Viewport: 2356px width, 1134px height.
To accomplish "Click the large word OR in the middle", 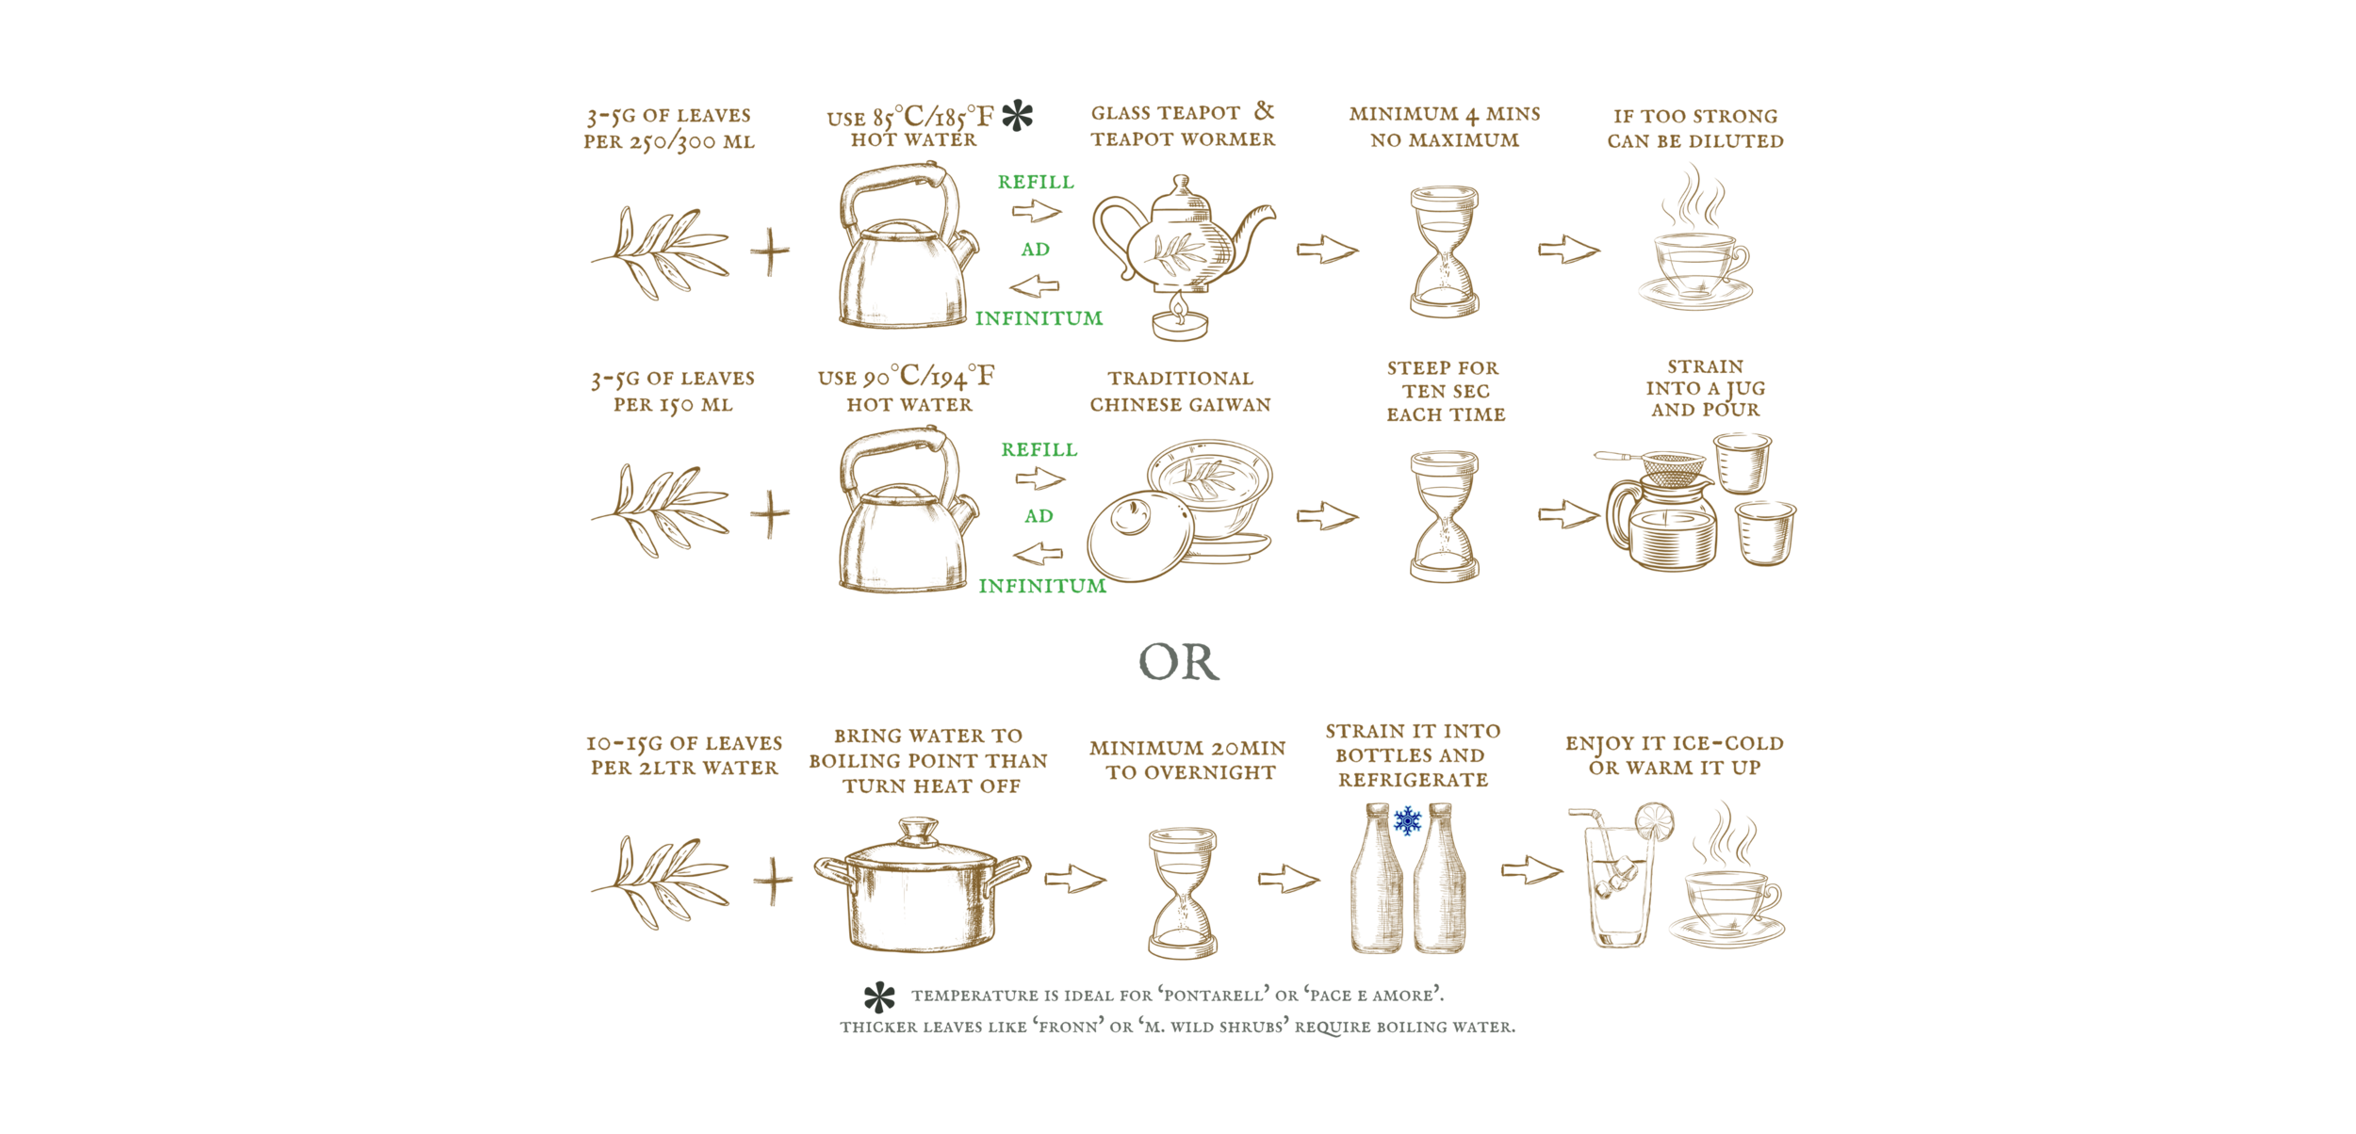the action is (x=1178, y=662).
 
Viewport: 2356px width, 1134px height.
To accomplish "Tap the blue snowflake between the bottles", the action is (x=1407, y=821).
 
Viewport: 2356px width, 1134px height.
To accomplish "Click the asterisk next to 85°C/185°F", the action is (x=1017, y=116).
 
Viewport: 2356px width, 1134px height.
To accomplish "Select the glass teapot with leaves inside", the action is (x=1182, y=241).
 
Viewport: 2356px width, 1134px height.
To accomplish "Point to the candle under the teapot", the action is (x=1179, y=320).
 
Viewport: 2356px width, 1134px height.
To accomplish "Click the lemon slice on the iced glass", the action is (x=1654, y=822).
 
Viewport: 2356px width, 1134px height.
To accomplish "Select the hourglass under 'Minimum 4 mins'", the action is (x=1444, y=251).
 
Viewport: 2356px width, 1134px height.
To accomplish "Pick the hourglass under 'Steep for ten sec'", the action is (x=1444, y=516).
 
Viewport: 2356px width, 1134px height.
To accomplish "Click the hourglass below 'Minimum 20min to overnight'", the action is (x=1183, y=893).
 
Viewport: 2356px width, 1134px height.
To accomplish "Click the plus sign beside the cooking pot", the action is (x=773, y=883).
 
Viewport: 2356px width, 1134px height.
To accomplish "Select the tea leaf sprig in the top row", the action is (x=660, y=252).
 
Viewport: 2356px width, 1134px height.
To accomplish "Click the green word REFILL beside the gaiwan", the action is (x=1039, y=450).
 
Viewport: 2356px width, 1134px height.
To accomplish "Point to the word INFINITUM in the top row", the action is (x=1039, y=319).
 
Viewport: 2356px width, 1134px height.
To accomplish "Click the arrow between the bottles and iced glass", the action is (x=1531, y=870).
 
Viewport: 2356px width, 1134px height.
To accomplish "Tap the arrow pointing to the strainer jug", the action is (x=1568, y=514).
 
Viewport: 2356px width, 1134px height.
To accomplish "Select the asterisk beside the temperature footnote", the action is (x=879, y=997).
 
